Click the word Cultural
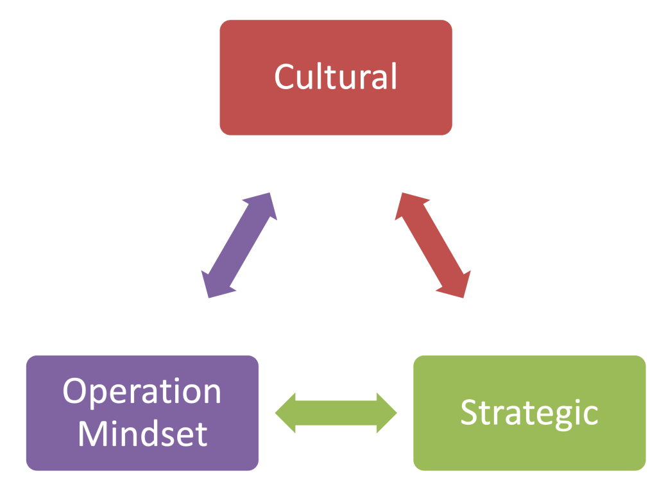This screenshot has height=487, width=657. point(336,76)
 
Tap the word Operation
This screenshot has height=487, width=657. point(142,391)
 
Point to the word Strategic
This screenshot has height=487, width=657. point(529,413)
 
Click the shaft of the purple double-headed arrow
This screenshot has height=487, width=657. point(239,245)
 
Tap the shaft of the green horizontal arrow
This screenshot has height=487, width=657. point(336,413)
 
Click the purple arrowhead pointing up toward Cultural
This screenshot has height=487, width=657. point(265,205)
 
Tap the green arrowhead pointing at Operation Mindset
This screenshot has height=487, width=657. point(286,413)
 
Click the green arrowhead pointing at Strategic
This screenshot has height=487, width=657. point(386,413)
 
